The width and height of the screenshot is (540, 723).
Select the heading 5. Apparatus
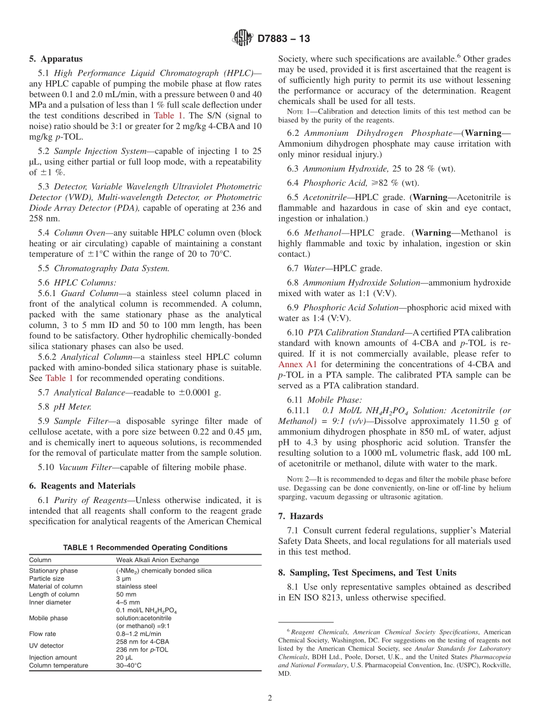[55, 59]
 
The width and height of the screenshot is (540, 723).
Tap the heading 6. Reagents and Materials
[82, 486]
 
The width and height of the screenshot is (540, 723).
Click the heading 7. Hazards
[300, 516]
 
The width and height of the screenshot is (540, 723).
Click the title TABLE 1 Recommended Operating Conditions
[145, 548]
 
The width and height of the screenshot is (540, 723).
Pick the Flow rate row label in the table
[43, 634]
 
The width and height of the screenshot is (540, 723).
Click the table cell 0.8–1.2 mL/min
[139, 634]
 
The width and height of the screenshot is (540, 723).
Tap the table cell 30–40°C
[129, 666]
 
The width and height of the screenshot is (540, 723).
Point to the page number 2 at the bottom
[270, 698]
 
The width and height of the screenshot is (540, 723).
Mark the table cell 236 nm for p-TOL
[142, 650]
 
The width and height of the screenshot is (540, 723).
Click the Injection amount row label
[53, 658]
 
